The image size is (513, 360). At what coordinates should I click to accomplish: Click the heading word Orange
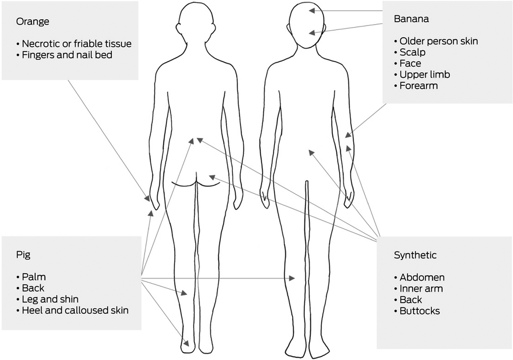point(33,22)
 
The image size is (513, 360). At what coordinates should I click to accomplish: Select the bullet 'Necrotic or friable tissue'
point(77,44)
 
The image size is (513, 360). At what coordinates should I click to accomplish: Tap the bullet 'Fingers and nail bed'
point(67,55)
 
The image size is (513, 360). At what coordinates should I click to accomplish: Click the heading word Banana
point(411,19)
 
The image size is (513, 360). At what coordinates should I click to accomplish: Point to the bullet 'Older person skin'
point(439,41)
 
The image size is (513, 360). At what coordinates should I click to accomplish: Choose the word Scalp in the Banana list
point(412,52)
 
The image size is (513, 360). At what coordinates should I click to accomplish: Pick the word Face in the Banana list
point(410,63)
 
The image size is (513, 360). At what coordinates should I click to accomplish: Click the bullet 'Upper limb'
point(425,75)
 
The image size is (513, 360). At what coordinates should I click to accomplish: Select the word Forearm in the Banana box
point(418,86)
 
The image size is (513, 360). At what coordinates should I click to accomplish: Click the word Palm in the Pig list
point(34,277)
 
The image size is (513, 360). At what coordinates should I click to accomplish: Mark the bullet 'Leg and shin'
point(50,299)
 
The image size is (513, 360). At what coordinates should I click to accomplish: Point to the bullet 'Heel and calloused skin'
point(75,310)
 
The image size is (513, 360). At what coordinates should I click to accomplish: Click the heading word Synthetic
point(415,255)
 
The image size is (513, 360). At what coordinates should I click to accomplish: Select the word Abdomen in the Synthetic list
point(422,278)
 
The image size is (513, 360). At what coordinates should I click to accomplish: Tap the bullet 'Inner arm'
point(421,289)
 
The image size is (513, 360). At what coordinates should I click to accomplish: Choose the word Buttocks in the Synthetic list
point(419,311)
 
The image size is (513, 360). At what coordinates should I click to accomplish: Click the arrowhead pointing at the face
point(312,33)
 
